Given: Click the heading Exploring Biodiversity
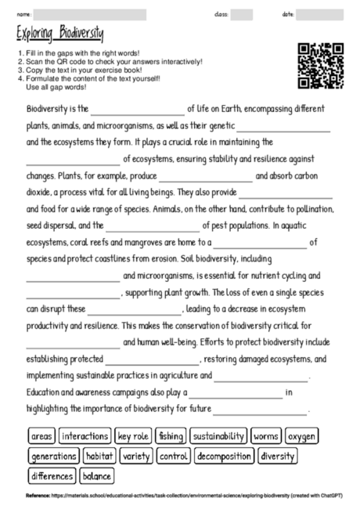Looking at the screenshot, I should pos(59,33).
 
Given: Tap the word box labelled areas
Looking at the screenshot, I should pos(41,435).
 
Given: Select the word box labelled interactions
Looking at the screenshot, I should pos(85,435).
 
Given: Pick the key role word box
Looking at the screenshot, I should pos(133,435).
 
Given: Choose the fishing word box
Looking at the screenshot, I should pos(170,435).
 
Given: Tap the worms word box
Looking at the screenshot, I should pos(266,435).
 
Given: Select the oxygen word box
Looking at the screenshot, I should pos(302,435).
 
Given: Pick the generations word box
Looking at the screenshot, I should pos(53,455).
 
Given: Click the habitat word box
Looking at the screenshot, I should pos(100,455).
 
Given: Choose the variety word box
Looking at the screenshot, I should pos(137,455).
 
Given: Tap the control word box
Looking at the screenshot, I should pos(173,455).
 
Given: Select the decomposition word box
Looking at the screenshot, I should pos(224,455).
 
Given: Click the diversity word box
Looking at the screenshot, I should pos(277,455).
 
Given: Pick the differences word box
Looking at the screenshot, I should pos(52,475).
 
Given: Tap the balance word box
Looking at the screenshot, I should pos(96,475).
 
